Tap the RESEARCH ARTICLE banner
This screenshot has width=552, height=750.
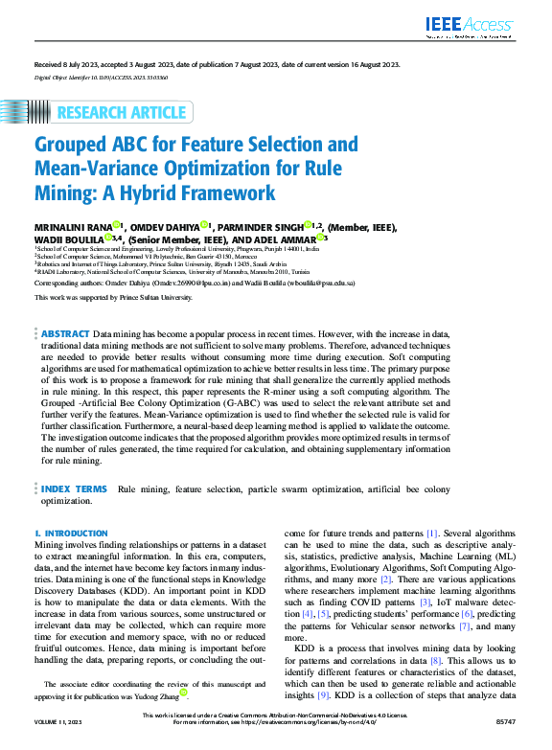pyautogui.click(x=121, y=113)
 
